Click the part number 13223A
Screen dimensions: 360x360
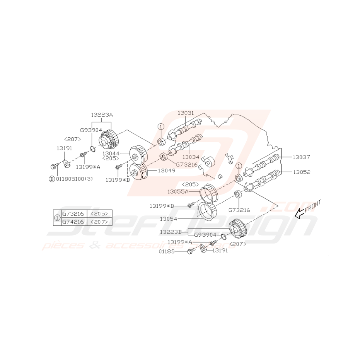click(x=102, y=115)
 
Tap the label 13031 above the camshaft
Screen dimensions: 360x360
click(x=186, y=113)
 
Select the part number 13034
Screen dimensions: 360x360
click(x=191, y=157)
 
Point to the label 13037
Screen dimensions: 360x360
click(x=301, y=157)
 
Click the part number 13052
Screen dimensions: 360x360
click(x=302, y=172)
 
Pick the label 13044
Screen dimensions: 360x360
click(x=111, y=154)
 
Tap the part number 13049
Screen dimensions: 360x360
click(x=167, y=171)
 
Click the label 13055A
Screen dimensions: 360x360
click(x=178, y=191)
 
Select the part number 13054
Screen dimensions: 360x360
click(x=169, y=219)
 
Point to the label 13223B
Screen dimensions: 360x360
click(x=171, y=232)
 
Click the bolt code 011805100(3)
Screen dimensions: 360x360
click(x=74, y=179)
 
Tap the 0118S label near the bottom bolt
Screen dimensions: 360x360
click(x=167, y=252)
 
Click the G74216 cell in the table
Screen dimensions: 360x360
click(x=73, y=222)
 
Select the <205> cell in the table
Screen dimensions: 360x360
click(x=99, y=214)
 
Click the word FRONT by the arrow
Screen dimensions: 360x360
click(x=313, y=206)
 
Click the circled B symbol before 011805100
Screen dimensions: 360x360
click(x=52, y=179)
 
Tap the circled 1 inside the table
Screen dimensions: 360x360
click(x=57, y=218)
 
